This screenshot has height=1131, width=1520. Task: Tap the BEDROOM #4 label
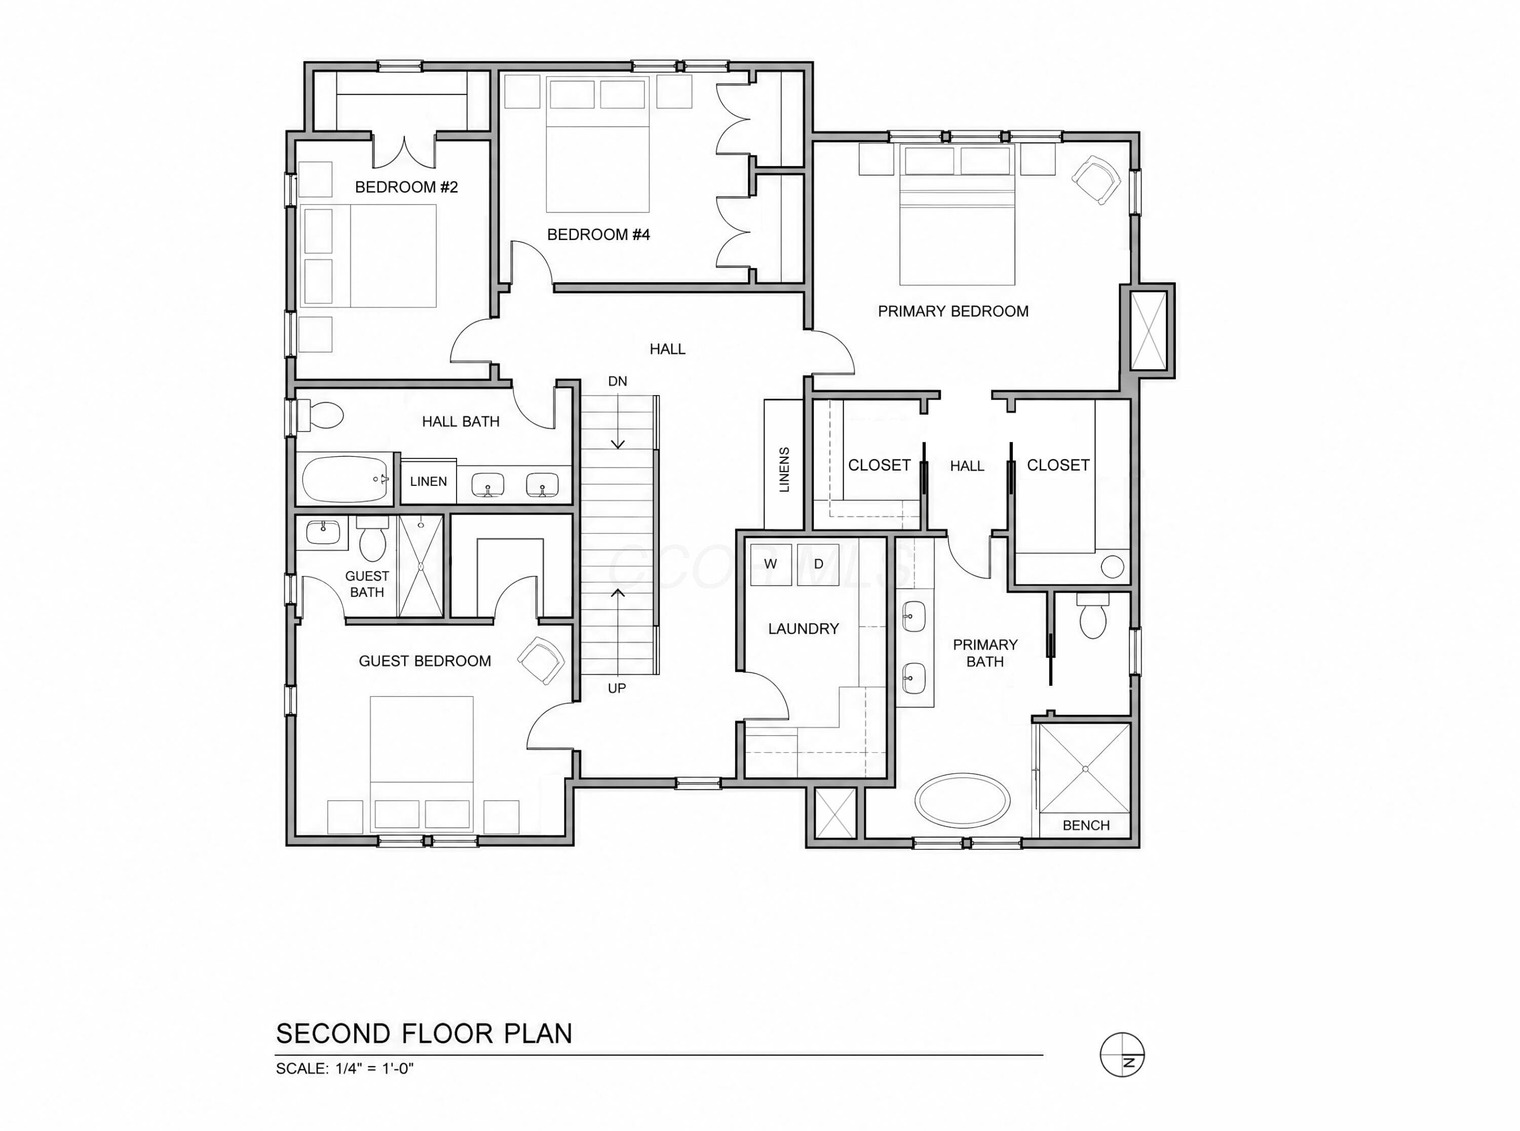[598, 235]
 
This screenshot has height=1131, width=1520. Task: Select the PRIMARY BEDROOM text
[953, 311]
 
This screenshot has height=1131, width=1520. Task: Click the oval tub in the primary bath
[962, 800]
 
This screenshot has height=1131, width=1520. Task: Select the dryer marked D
[818, 564]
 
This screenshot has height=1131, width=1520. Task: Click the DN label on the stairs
[618, 381]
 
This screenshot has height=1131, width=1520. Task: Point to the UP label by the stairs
[617, 688]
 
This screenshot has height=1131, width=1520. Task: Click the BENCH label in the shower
[1086, 826]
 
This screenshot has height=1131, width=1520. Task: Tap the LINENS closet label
[785, 470]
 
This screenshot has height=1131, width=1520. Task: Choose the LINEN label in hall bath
[429, 481]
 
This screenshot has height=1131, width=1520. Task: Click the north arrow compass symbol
[1122, 1055]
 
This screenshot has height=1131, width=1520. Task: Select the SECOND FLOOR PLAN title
[424, 1034]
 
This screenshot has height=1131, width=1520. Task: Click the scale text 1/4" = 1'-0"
[374, 1069]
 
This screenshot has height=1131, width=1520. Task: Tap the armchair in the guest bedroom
[541, 660]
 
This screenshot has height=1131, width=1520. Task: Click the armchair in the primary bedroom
[1096, 180]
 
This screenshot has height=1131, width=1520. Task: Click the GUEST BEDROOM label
[425, 661]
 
